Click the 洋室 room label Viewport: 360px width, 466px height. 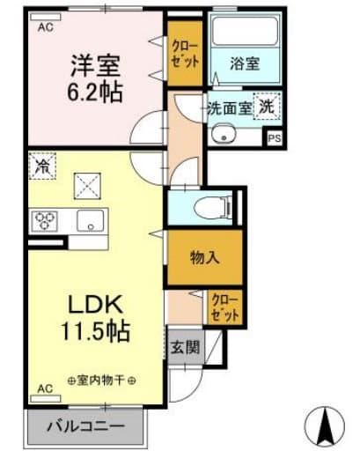[x=93, y=65]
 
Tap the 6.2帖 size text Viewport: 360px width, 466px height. [x=93, y=91]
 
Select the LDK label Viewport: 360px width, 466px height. [x=94, y=303]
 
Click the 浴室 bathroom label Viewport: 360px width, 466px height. [x=244, y=63]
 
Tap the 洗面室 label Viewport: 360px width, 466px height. [x=229, y=107]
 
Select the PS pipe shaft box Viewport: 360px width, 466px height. [x=275, y=137]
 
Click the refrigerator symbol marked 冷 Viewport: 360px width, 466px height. [x=40, y=165]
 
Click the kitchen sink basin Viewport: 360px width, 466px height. [x=90, y=220]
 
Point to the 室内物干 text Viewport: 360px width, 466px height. [x=101, y=381]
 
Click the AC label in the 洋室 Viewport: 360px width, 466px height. [x=44, y=26]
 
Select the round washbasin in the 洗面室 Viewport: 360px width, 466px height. [x=222, y=135]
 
